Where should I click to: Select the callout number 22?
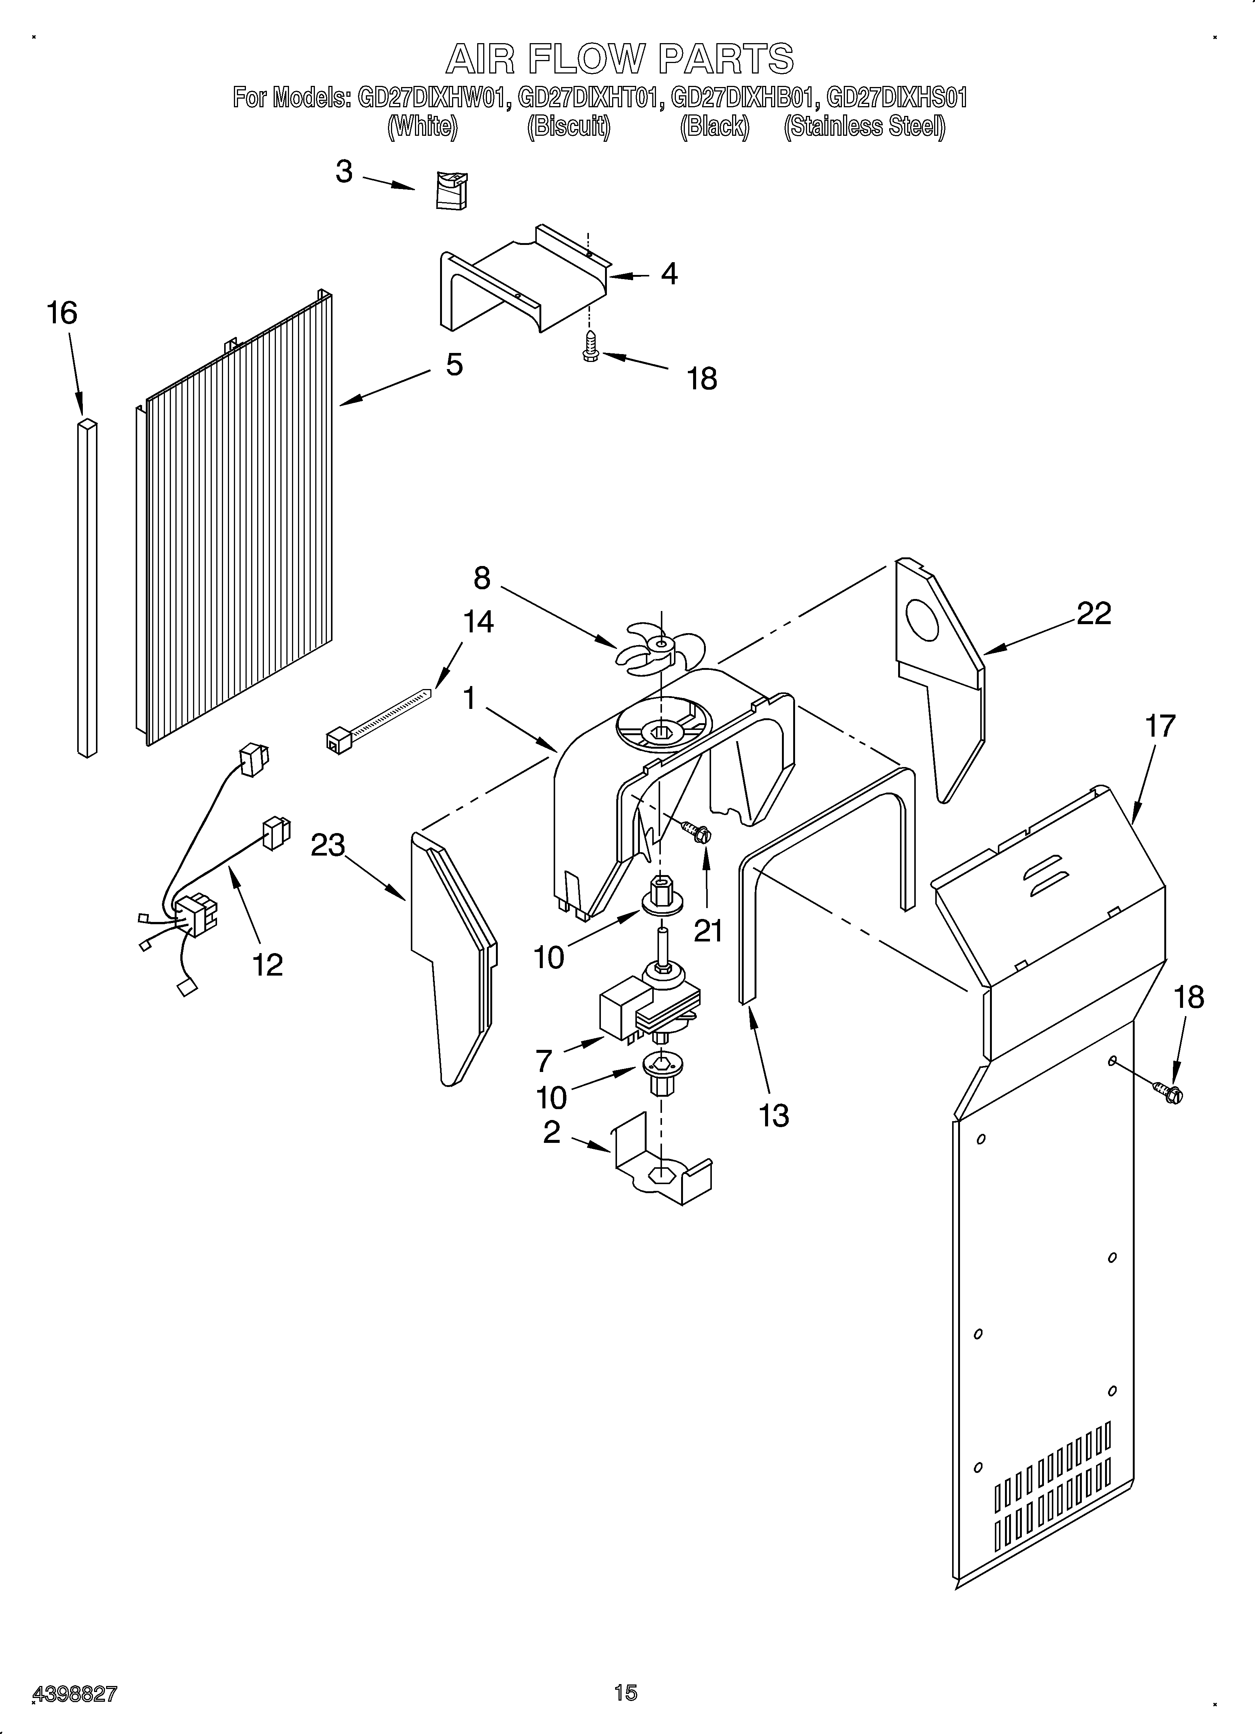1094,613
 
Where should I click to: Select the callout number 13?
773,1115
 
